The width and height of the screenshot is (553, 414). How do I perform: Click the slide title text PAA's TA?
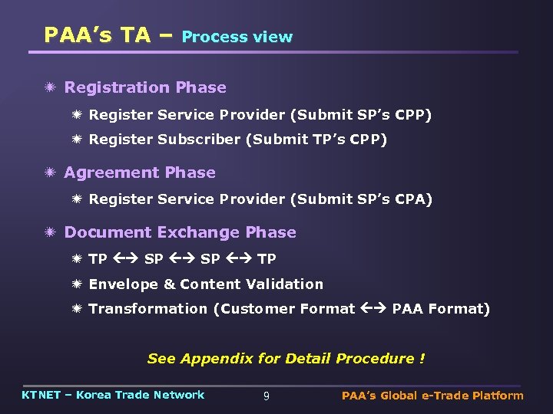coord(97,35)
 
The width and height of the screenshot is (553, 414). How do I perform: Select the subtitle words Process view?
coord(237,37)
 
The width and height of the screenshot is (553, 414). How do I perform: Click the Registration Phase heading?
coord(145,87)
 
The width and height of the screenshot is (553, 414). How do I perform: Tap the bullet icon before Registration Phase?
coord(51,87)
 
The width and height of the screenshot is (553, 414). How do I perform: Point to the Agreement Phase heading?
coord(140,172)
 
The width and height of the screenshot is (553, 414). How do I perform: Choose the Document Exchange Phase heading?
coord(180,232)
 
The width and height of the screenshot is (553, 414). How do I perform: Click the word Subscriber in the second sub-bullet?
coord(200,140)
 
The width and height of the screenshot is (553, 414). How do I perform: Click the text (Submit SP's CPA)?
coord(361,199)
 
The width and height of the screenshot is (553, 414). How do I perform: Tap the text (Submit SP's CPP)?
coord(361,115)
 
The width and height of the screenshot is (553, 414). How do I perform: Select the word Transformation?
coord(148,309)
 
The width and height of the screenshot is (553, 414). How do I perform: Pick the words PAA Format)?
coord(441,309)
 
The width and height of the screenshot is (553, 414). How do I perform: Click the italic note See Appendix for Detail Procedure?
coord(286,359)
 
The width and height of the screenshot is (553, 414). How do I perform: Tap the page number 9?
coord(266,396)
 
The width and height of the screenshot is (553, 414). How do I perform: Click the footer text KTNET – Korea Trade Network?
coord(113,395)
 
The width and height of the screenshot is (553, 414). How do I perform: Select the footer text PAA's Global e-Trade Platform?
coord(432,396)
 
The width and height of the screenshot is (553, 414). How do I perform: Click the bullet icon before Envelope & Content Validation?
coord(77,284)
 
